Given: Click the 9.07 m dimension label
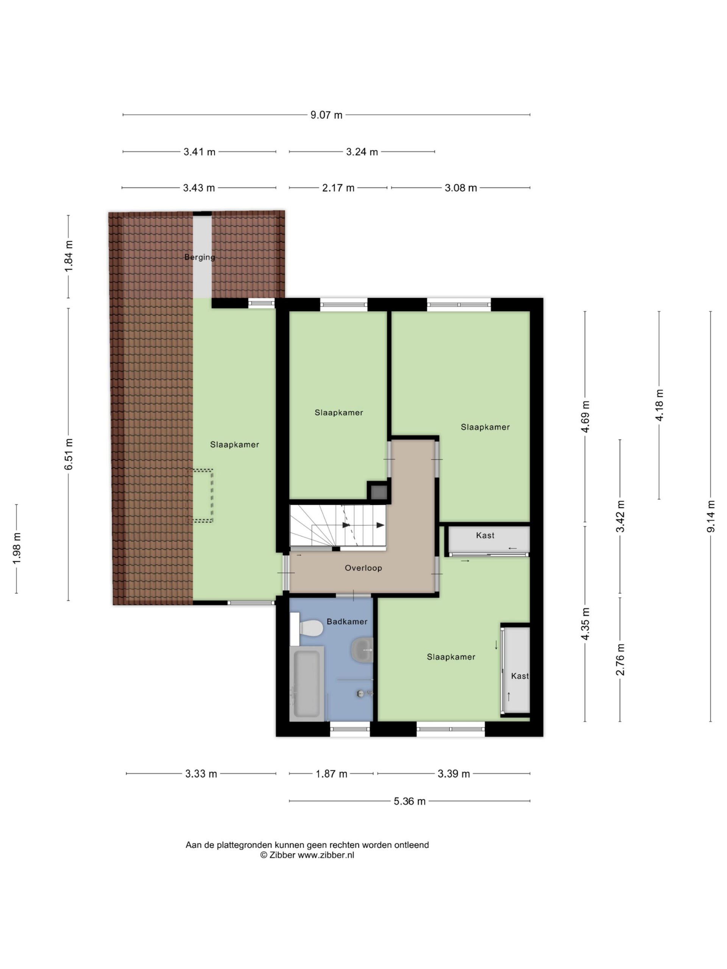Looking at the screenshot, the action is [x=326, y=115].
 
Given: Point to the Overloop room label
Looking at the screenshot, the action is [x=363, y=568].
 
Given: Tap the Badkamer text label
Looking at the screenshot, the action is [x=347, y=622].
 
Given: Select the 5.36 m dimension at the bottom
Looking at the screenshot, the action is [x=409, y=801].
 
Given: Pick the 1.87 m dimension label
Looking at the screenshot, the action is [x=331, y=774].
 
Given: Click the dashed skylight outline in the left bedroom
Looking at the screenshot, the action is [x=201, y=496].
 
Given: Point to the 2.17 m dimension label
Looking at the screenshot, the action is [x=338, y=188].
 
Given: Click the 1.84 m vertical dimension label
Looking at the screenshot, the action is [x=69, y=256].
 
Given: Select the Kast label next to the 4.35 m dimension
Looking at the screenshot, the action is [x=520, y=676].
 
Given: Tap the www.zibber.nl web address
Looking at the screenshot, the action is [x=326, y=855].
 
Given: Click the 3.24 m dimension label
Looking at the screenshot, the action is [x=362, y=152].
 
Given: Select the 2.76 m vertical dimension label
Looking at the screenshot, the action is [x=620, y=660].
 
